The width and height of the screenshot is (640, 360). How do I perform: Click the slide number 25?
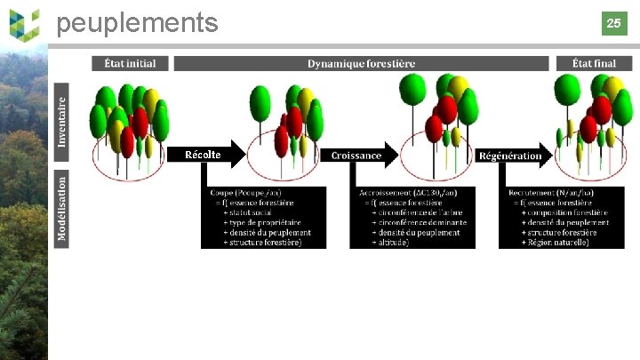click(x=613, y=23)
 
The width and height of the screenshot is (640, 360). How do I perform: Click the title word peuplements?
click(x=137, y=23)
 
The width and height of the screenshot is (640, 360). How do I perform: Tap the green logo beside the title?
click(x=24, y=23)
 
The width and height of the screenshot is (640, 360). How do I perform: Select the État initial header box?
click(x=130, y=63)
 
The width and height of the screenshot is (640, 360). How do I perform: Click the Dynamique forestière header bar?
click(x=361, y=64)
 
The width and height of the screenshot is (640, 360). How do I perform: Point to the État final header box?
click(x=594, y=63)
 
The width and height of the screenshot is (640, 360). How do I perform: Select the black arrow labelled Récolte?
click(x=204, y=155)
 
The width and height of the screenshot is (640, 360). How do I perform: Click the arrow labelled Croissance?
click(x=357, y=155)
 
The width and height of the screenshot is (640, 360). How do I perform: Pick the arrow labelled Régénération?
click(x=510, y=156)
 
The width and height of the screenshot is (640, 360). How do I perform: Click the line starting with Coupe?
click(x=245, y=193)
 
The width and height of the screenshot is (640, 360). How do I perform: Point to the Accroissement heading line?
click(x=408, y=193)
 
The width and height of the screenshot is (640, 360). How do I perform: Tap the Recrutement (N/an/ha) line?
click(x=551, y=193)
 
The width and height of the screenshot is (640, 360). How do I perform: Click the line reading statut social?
click(x=252, y=212)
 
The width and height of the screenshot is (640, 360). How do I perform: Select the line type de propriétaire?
click(x=262, y=222)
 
